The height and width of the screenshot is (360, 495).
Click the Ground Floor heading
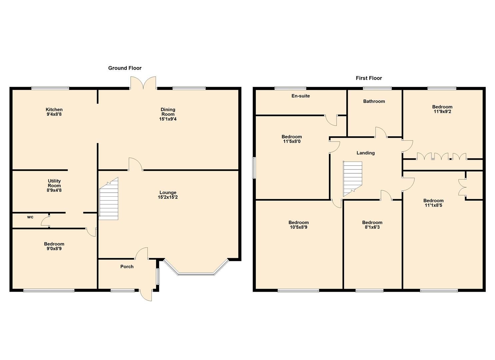tap(125, 68)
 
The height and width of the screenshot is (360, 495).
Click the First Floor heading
tap(369, 78)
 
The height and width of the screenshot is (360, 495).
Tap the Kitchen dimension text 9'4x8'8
tap(54, 114)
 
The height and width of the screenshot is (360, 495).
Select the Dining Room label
tap(168, 112)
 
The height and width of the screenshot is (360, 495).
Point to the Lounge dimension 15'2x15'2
tap(168, 197)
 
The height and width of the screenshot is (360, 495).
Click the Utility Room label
tap(54, 183)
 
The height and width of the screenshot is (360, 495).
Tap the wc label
tap(30, 217)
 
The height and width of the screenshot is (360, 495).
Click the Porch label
tap(127, 267)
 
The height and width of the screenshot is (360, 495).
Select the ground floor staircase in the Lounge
tap(109, 200)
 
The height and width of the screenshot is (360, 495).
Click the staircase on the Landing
tap(352, 178)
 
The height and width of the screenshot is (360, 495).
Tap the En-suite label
tap(301, 96)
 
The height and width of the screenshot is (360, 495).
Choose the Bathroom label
tap(374, 101)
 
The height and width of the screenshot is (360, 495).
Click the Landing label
tap(366, 153)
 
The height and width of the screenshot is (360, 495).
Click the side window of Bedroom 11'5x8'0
tap(254, 168)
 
